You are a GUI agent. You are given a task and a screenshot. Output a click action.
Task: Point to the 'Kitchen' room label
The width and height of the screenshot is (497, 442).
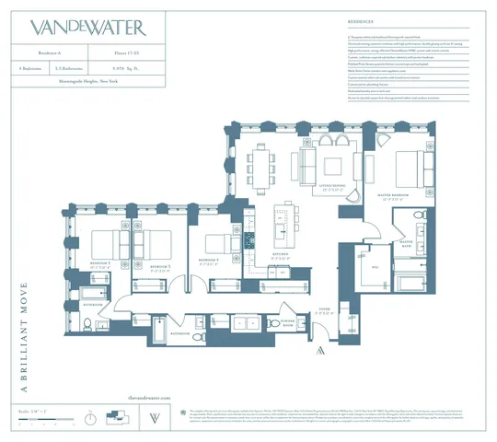click(x=281, y=257)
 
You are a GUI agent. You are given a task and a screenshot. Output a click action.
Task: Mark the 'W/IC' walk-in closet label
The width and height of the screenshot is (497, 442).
click(x=375, y=267)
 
